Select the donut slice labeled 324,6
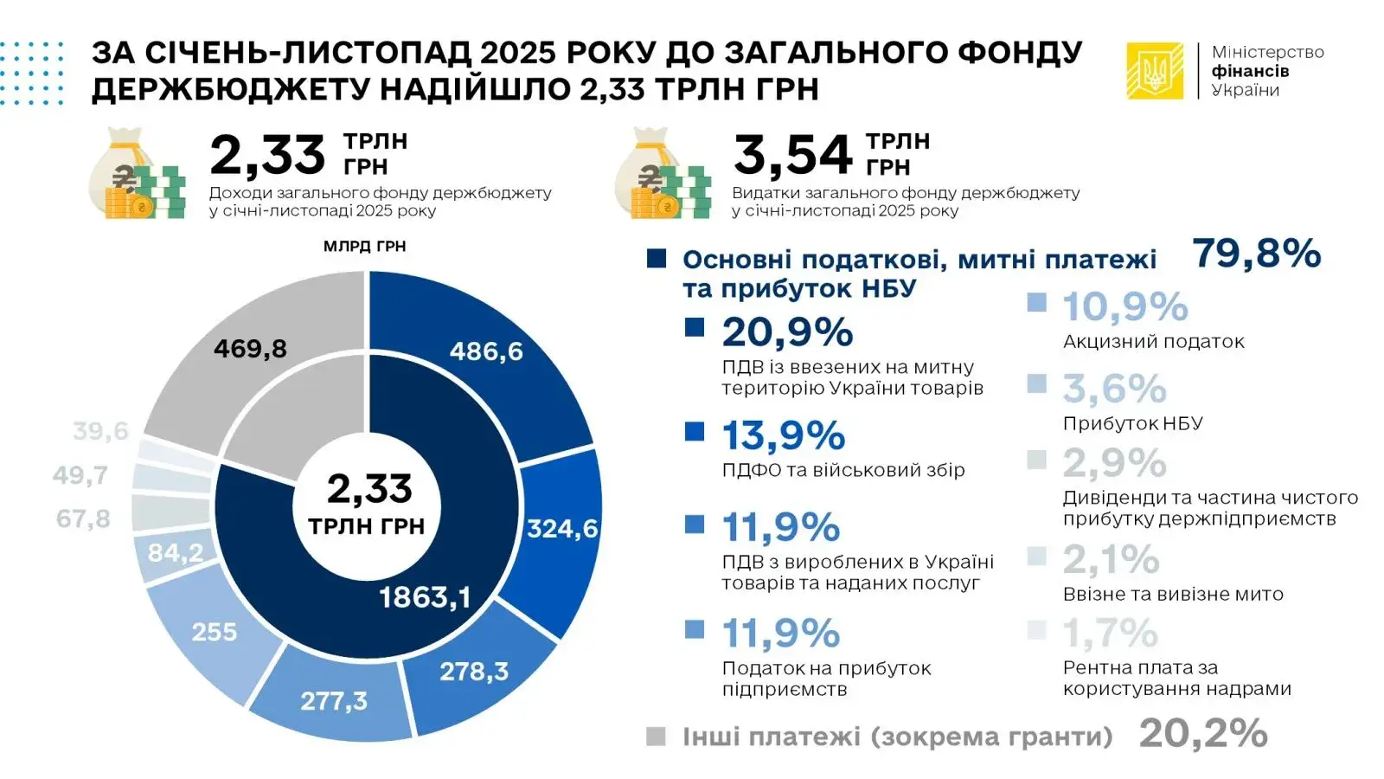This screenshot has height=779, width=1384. click(x=558, y=528)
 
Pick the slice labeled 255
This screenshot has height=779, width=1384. click(x=214, y=632)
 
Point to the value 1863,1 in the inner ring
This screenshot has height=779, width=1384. click(x=425, y=597)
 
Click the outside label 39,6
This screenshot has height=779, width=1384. click(x=100, y=431)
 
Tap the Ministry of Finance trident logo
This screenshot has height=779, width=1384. click(x=1155, y=71)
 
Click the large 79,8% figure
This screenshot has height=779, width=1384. click(x=1256, y=254)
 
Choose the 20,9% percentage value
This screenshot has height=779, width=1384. click(x=787, y=332)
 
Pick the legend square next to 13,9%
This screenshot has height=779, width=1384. click(x=695, y=431)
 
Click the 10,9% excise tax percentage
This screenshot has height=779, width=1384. click(x=1124, y=306)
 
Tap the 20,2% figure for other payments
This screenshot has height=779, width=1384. click(x=1202, y=734)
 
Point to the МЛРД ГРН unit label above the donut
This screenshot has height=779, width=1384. click(x=364, y=247)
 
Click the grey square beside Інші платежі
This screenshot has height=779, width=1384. click(x=656, y=737)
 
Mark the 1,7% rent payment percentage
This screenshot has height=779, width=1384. click(x=1110, y=634)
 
